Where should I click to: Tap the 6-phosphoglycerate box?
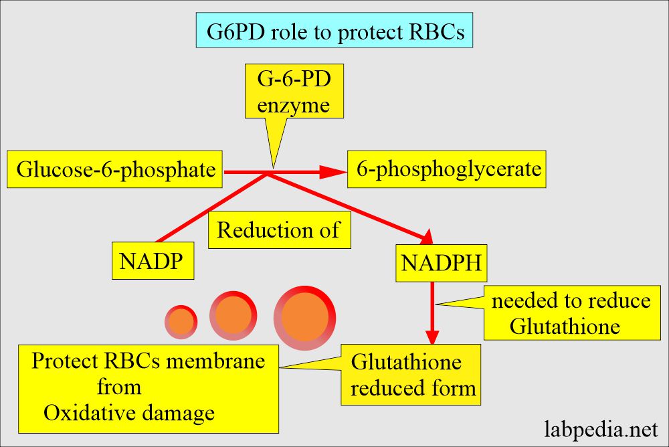click(x=448, y=170)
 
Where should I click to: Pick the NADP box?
click(x=153, y=262)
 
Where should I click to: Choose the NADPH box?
click(x=441, y=262)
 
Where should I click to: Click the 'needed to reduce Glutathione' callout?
click(x=571, y=313)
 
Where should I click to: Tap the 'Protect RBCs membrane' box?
click(x=149, y=387)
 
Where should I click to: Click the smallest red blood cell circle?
click(x=181, y=322)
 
